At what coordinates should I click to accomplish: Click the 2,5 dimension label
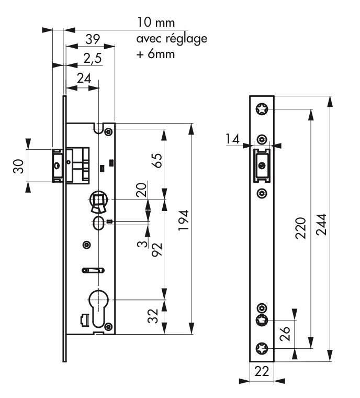[92, 59]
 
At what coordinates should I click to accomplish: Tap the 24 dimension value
[83, 78]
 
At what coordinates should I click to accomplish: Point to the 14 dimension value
[233, 139]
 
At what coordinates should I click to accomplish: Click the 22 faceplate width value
[261, 372]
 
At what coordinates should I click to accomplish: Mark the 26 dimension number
[286, 334]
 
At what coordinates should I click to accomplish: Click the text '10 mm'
[155, 23]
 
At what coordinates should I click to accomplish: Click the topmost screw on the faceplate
[261, 109]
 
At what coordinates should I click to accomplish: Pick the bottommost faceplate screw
[261, 348]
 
